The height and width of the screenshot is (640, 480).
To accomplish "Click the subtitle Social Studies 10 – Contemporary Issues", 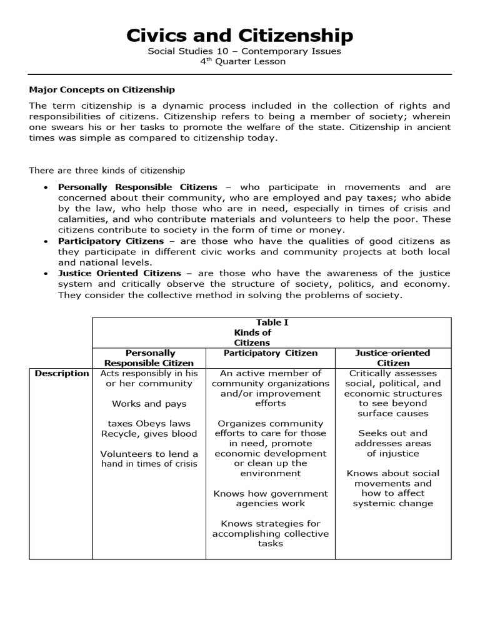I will [244, 51].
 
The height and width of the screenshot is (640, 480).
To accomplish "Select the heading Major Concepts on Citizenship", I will [102, 89].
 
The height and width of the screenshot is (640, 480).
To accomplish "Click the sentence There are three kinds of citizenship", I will [107, 170].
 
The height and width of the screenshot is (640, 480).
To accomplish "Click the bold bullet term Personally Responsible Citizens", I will [137, 187].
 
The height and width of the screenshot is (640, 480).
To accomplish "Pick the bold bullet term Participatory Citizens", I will [111, 241].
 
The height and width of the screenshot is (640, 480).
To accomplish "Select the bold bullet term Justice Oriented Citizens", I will [119, 273].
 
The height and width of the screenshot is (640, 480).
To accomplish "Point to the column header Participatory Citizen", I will [271, 353].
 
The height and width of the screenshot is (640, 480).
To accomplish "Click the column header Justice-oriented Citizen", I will [392, 357].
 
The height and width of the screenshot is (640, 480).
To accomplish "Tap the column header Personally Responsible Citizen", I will [149, 357].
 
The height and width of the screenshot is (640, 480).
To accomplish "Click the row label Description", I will [61, 373].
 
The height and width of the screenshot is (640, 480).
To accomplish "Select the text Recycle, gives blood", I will [149, 433].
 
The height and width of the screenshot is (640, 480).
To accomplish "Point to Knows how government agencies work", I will [271, 498].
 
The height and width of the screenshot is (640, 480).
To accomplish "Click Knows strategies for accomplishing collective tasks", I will [271, 533].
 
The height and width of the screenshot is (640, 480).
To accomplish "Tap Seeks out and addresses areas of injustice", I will [392, 443].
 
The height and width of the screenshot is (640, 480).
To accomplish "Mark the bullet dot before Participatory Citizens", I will [47, 241].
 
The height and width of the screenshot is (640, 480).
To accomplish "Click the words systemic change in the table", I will [392, 503].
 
